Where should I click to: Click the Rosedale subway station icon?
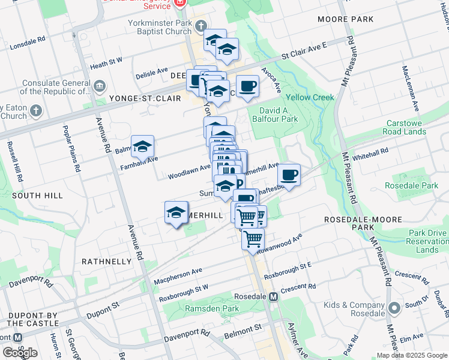[274, 296]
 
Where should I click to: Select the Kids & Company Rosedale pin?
[394, 308]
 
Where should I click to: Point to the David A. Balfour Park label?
[278, 115]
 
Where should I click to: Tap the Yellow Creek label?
[309, 97]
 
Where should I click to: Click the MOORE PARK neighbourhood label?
[346, 19]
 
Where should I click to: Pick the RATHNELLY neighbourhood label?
[106, 262]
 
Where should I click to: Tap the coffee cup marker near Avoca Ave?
[247, 86]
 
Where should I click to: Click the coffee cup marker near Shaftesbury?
[289, 175]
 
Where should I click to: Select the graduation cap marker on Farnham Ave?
[143, 146]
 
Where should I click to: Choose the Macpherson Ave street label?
[178, 277]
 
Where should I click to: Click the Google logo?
[20, 353]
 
